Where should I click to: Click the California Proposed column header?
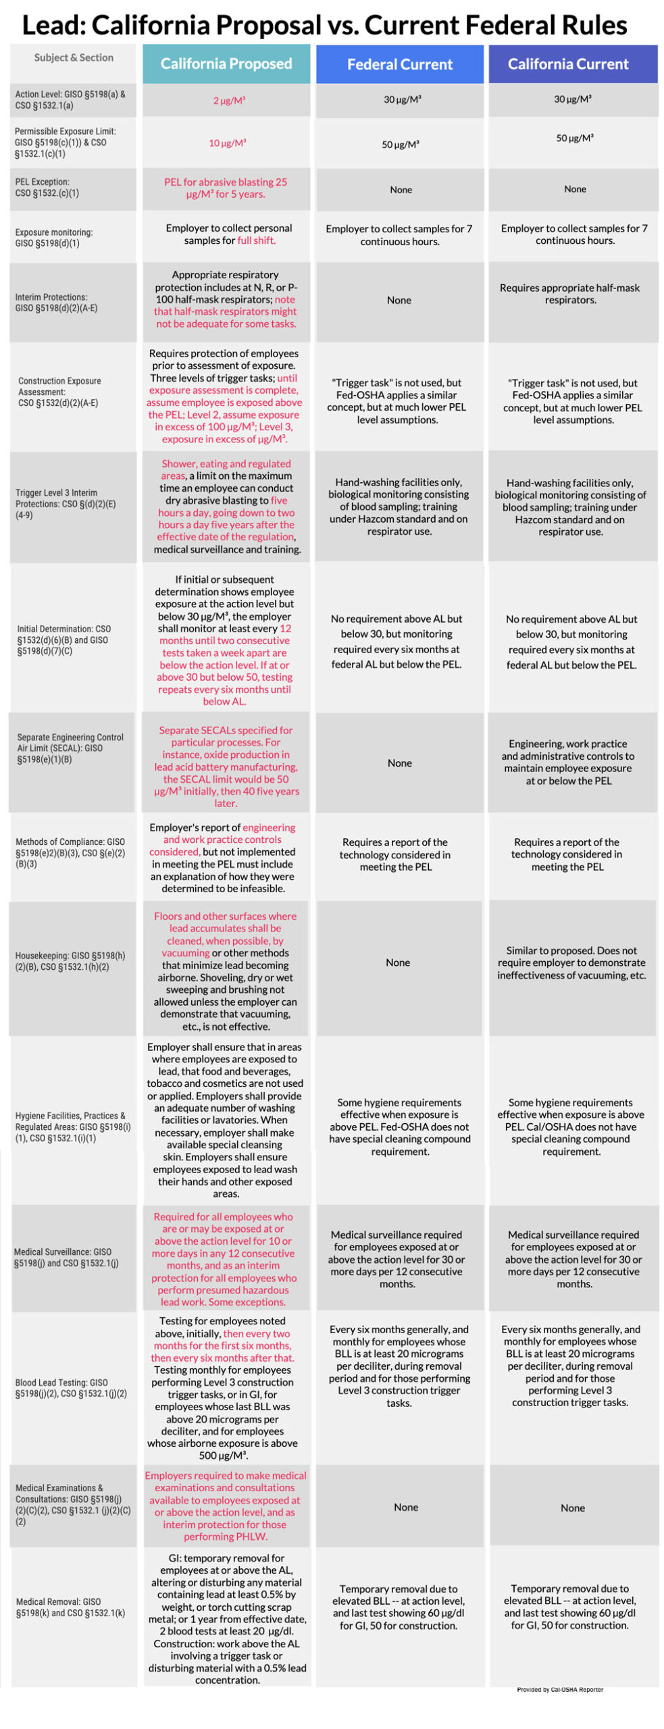pyautogui.click(x=226, y=64)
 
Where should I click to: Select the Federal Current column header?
pyautogui.click(x=399, y=65)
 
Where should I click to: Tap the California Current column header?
pyautogui.click(x=567, y=64)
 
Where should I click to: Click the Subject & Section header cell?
pyautogui.click(x=74, y=58)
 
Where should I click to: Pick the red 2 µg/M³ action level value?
pyautogui.click(x=229, y=101)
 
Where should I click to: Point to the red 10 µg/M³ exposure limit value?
pyautogui.click(x=227, y=143)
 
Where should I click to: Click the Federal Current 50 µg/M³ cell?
pyautogui.click(x=400, y=145)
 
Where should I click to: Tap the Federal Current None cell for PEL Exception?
pyautogui.click(x=400, y=190)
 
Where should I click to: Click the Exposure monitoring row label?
pyautogui.click(x=54, y=237)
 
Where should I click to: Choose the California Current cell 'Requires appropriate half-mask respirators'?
pyautogui.click(x=569, y=293)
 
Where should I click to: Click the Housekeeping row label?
pyautogui.click(x=70, y=960)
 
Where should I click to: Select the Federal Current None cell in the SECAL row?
pyautogui.click(x=399, y=763)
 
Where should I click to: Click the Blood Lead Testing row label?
pyautogui.click(x=71, y=1387)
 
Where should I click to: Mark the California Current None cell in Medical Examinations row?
pyautogui.click(x=572, y=1507)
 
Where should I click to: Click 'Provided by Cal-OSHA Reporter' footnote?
pyautogui.click(x=559, y=1689)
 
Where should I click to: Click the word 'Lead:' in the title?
pyautogui.click(x=53, y=26)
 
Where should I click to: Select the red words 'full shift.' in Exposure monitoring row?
pyautogui.click(x=256, y=240)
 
